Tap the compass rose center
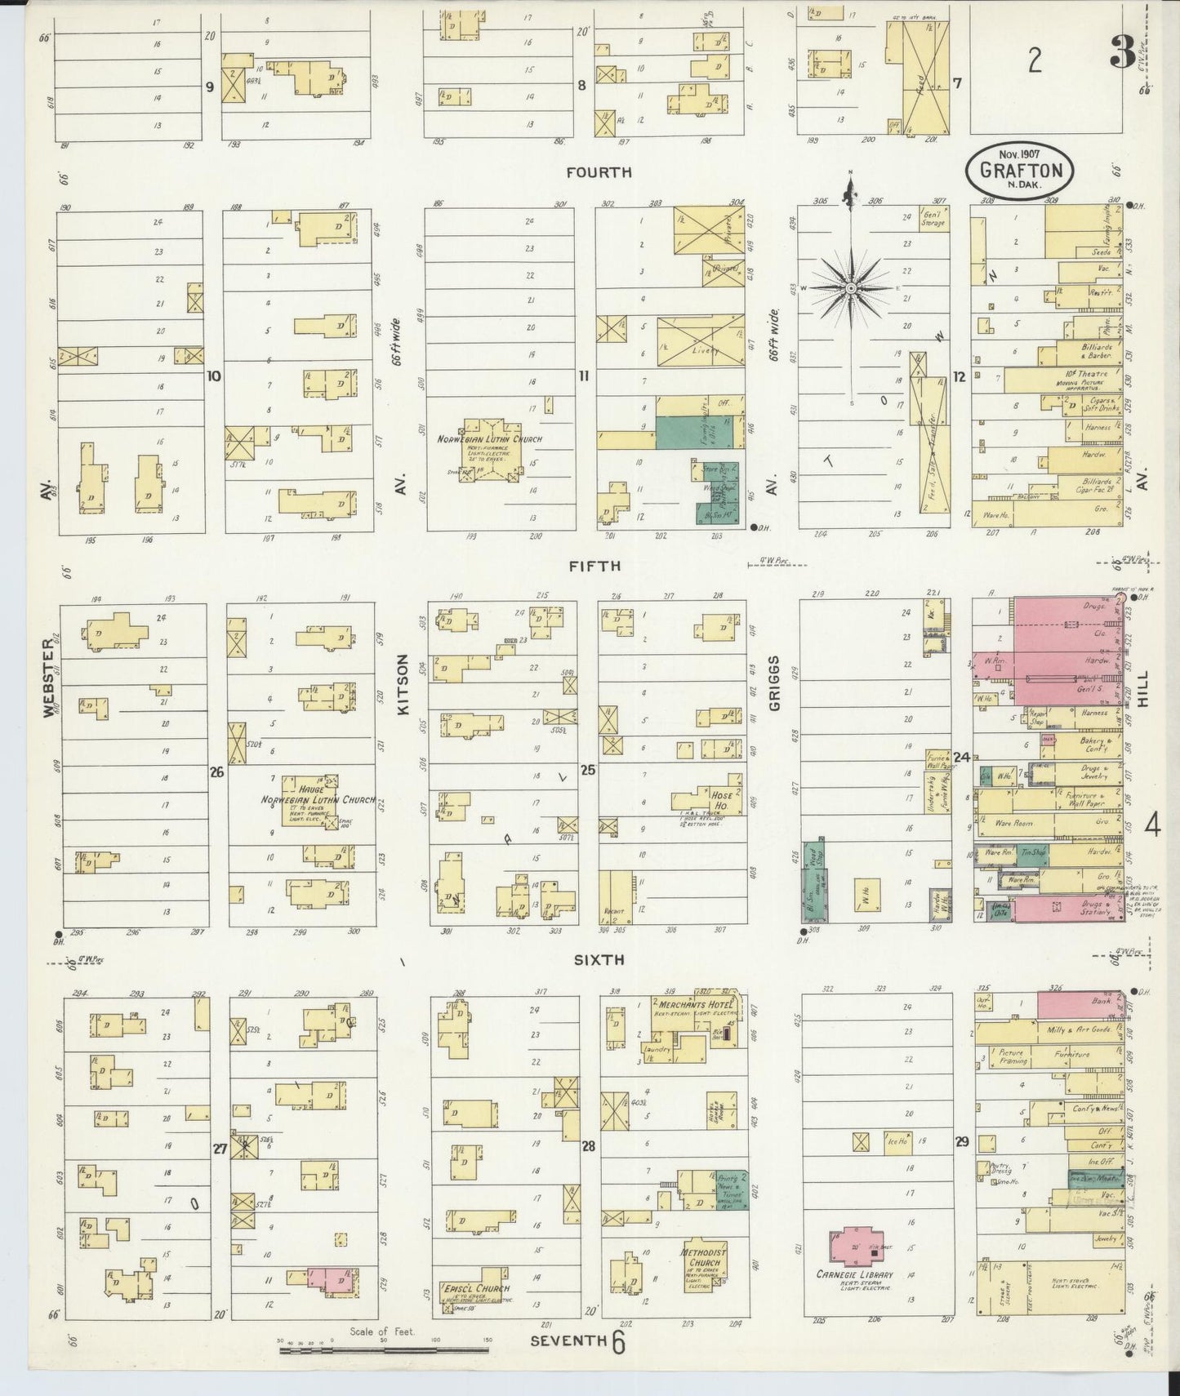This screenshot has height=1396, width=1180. [x=851, y=288]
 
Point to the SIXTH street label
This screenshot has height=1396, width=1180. [x=599, y=961]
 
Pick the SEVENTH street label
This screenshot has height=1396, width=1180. [x=568, y=1341]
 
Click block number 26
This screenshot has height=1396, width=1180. [x=216, y=770]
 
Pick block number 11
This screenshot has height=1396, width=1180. [x=583, y=376]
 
